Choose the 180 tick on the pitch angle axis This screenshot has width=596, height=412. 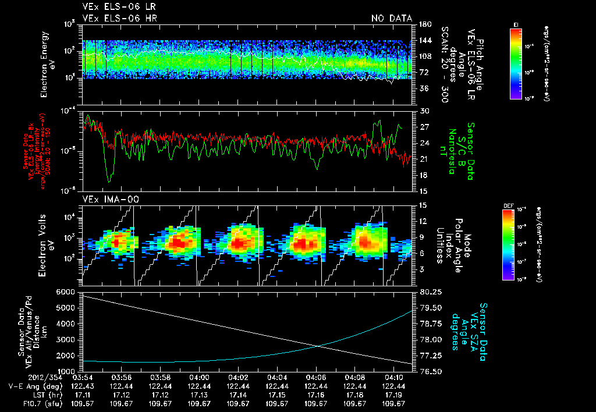424,24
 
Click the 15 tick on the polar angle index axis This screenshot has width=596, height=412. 422,205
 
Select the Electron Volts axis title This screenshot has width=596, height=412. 45,244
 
